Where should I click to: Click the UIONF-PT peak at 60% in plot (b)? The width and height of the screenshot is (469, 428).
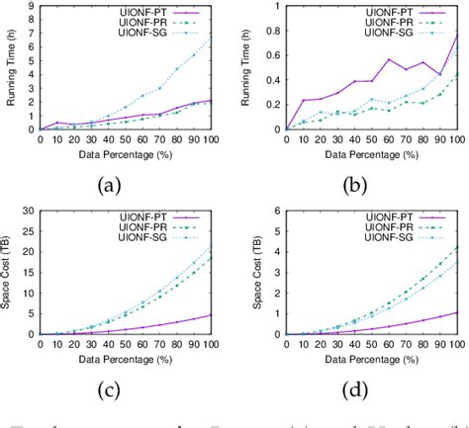(x=389, y=59)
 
